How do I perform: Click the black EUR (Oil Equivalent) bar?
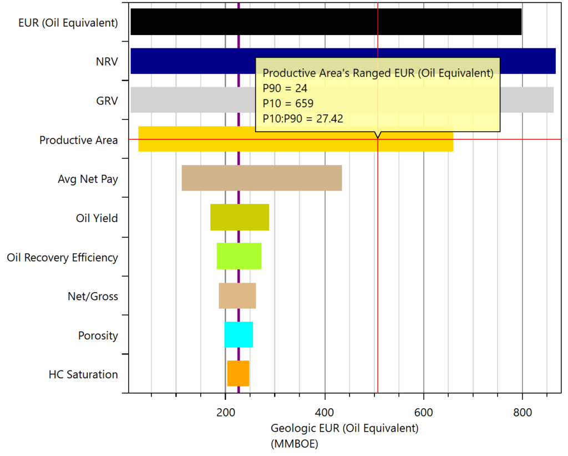[x=326, y=22]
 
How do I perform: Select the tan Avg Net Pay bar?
[x=262, y=178]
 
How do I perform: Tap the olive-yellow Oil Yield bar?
[x=240, y=217]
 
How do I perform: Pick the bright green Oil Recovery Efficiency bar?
[x=239, y=256]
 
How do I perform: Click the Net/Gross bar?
[x=237, y=295]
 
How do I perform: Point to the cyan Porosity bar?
[x=239, y=334]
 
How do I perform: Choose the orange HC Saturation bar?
[x=238, y=373]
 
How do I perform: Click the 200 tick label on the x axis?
[x=226, y=413]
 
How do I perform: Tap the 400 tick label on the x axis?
[x=324, y=413]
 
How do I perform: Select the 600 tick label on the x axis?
[x=423, y=413]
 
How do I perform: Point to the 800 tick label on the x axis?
[x=523, y=413]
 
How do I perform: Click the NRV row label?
[x=107, y=62]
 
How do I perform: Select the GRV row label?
[x=107, y=101]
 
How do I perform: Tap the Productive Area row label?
[x=79, y=140]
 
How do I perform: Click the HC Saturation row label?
[x=83, y=374]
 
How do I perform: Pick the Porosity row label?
[x=98, y=335]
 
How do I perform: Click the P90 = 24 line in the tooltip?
[x=285, y=88]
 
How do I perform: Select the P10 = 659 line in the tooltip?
[x=288, y=103]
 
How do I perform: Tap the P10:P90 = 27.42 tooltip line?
[x=303, y=119]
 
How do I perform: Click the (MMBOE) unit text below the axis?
[x=295, y=444]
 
